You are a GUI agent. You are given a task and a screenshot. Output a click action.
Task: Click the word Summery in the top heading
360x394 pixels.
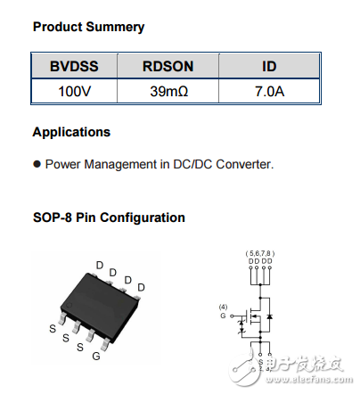tap(116, 27)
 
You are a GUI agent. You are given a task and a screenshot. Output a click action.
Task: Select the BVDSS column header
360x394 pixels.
tap(75, 67)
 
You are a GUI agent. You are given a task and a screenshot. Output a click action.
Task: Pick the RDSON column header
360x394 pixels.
tap(168, 67)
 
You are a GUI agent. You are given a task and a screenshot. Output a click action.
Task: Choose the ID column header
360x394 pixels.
tap(269, 67)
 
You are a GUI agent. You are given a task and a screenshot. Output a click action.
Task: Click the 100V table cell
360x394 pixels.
tap(75, 91)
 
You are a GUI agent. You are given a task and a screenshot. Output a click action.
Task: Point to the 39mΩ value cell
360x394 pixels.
tap(168, 91)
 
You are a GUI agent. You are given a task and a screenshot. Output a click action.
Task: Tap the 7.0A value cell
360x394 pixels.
tap(269, 91)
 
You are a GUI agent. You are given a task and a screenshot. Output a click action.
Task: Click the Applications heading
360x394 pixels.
tap(71, 132)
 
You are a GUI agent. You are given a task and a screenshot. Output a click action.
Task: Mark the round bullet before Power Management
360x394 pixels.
tap(37, 164)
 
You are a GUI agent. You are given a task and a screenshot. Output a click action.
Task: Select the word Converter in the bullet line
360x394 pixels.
tap(244, 164)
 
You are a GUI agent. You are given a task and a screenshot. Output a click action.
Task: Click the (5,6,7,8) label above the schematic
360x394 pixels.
tap(258, 254)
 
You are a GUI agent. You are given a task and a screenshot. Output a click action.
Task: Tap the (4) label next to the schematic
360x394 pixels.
tap(224, 307)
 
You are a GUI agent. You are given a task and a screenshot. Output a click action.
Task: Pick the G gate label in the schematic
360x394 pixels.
tap(224, 316)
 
